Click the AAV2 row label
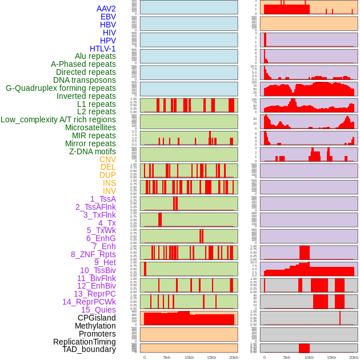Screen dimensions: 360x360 106,9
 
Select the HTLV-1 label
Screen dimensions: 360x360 103,49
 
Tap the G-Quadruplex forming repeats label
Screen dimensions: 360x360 61,88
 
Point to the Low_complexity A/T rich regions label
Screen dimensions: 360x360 58,119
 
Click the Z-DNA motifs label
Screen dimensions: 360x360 93,151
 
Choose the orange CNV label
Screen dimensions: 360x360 107,159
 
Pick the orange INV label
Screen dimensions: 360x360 109,191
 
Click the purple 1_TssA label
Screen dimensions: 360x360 103,199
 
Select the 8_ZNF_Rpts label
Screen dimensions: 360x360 93,254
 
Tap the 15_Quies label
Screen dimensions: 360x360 98,310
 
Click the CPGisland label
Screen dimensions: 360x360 97,318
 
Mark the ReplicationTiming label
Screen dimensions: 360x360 85,342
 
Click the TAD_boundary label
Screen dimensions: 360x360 89,349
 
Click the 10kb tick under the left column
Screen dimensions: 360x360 189,357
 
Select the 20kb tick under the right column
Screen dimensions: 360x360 354,357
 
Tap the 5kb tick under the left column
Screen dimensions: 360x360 167,357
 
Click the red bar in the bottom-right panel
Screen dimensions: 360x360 304,348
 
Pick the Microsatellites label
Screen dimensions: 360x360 90,127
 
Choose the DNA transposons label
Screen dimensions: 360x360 85,80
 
